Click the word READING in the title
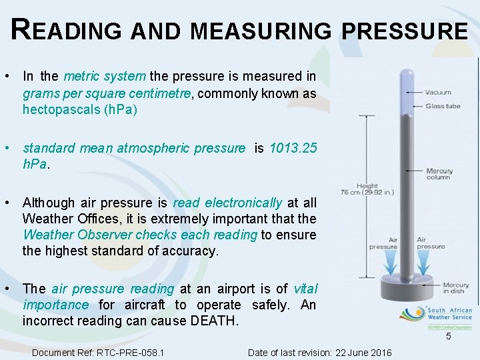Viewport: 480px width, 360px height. click(x=65, y=30)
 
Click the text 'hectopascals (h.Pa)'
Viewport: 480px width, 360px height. click(x=80, y=109)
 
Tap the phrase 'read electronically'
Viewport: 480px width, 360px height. click(x=227, y=203)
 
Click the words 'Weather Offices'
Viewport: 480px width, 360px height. click(x=65, y=219)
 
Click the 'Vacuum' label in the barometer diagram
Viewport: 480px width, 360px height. click(x=438, y=92)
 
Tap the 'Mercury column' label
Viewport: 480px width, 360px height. click(x=439, y=175)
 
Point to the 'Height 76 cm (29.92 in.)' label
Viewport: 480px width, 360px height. click(x=367, y=189)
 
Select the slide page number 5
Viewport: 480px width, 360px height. click(x=449, y=336)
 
